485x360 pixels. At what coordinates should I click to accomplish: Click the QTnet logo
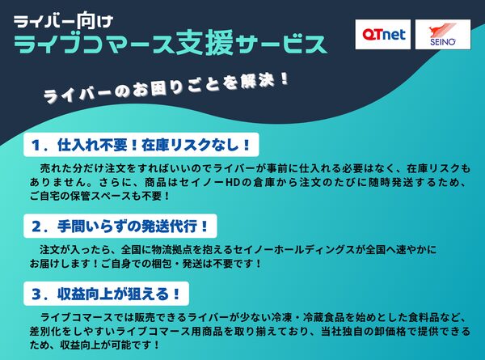(x=382, y=34)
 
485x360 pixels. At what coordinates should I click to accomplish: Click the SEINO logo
(x=442, y=34)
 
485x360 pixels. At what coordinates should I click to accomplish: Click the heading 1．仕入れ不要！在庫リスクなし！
(x=141, y=146)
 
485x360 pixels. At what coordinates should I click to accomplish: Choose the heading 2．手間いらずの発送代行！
(x=121, y=226)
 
